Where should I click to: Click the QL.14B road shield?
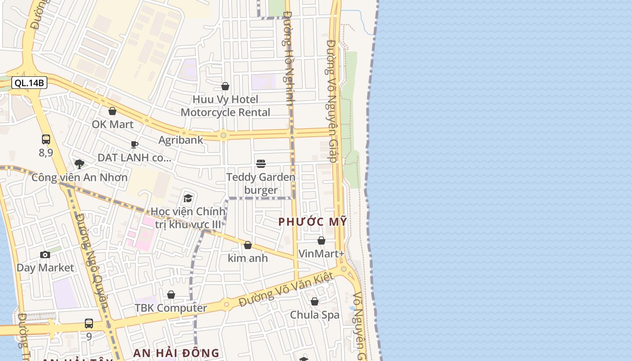[29, 83]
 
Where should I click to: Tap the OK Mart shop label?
[112, 124]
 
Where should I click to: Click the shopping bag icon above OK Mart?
[112, 111]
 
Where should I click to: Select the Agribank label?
[181, 140]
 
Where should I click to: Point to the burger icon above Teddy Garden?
[261, 163]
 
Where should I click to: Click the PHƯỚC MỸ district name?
[313, 222]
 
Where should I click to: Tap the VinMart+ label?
[321, 254]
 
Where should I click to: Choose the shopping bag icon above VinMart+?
[321, 241]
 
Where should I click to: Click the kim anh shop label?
[248, 258]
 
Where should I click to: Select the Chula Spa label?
[315, 315]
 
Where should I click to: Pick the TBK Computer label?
[171, 308]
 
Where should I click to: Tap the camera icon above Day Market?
[45, 255]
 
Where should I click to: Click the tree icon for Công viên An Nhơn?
[79, 164]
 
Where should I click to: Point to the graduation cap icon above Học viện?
[188, 198]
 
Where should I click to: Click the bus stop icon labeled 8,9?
[46, 139]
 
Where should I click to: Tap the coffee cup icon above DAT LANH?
[135, 145]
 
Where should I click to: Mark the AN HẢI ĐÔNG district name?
[176, 353]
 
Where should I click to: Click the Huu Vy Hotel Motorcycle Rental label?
[225, 106]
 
